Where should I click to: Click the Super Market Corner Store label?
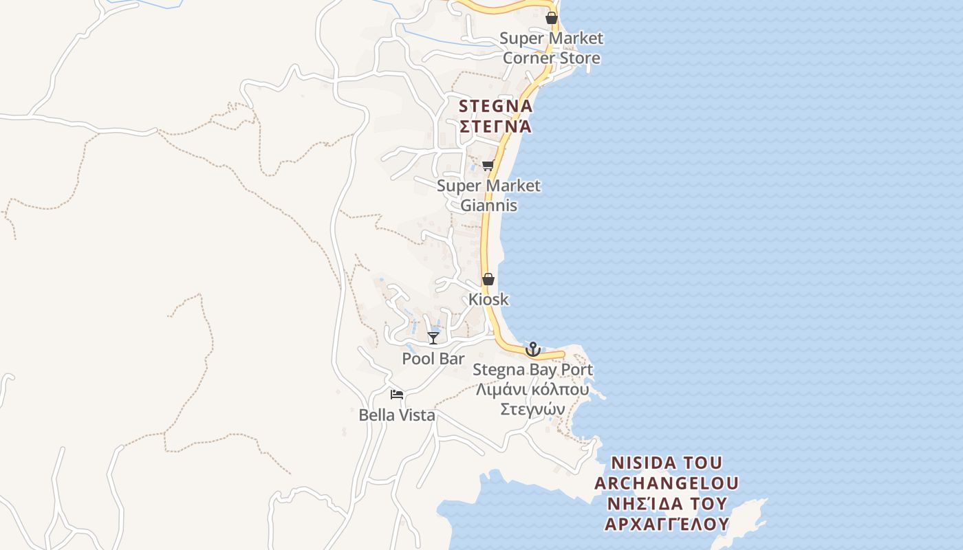click(551, 48)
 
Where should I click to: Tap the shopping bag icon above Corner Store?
click(552, 18)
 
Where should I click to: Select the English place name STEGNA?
click(495, 107)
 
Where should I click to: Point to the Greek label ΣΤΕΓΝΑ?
click(495, 126)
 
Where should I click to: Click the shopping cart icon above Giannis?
click(488, 165)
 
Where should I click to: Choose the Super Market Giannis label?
click(488, 195)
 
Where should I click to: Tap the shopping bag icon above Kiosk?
click(488, 279)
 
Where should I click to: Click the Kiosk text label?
click(488, 299)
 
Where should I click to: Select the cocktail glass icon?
click(433, 338)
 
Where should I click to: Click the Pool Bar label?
click(433, 359)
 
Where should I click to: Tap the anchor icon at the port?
click(532, 349)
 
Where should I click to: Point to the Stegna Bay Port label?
click(532, 370)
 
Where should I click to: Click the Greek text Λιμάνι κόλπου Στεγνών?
click(532, 399)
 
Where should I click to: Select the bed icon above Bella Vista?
click(397, 395)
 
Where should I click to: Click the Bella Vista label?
click(397, 415)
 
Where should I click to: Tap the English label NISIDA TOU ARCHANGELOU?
click(666, 472)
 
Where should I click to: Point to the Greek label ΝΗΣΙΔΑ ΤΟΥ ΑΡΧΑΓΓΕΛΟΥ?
click(666, 514)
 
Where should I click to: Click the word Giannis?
click(488, 206)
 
